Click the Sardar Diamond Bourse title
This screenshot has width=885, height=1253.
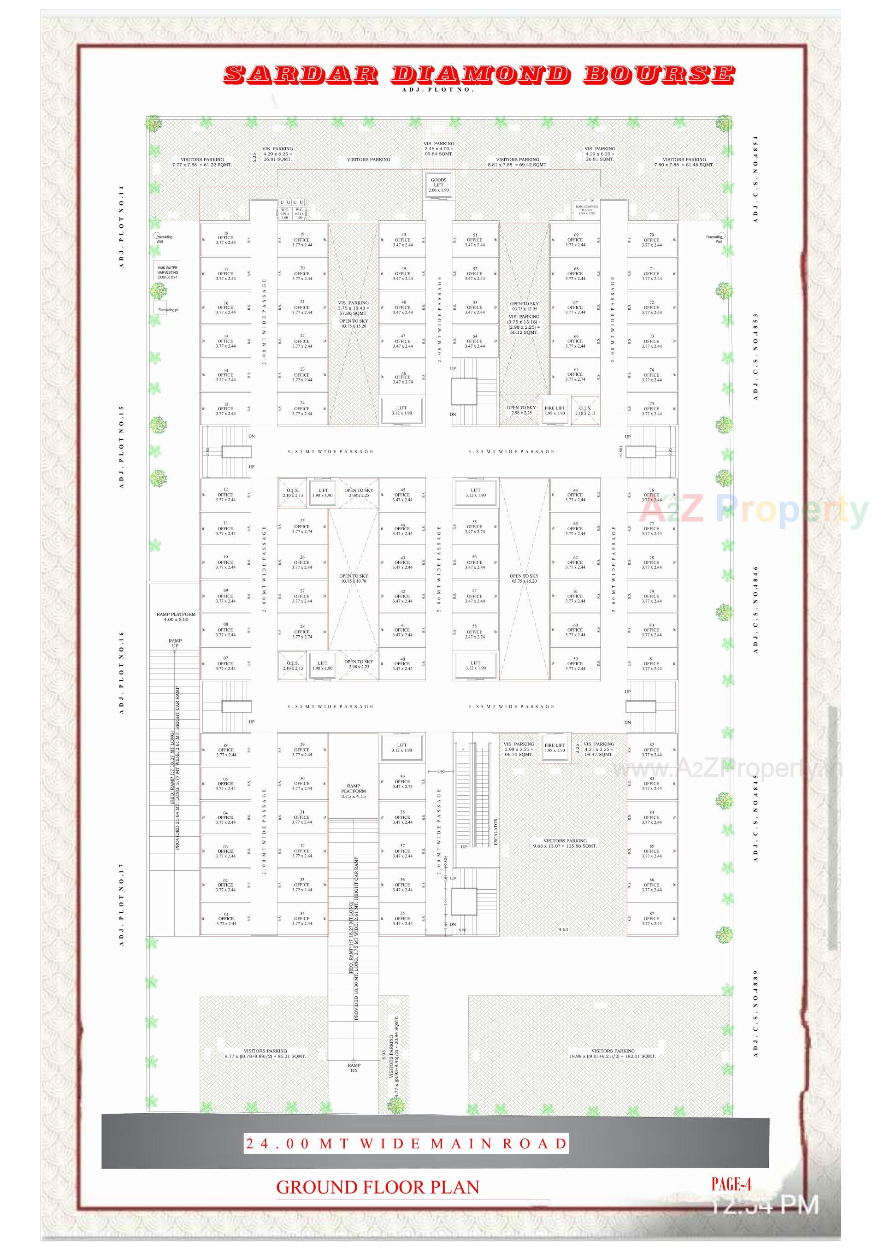click(478, 74)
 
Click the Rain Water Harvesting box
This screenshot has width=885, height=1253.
click(167, 272)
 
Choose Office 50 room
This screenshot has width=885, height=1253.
click(403, 240)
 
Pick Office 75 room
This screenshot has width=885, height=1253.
click(651, 409)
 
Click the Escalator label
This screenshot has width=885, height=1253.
click(496, 832)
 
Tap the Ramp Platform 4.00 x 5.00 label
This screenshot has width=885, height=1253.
click(175, 617)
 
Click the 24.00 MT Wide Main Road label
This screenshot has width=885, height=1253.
click(406, 1144)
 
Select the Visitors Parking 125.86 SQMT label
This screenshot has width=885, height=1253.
click(565, 844)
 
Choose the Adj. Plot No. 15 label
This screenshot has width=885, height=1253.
click(122, 448)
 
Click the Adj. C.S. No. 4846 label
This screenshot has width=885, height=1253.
click(755, 609)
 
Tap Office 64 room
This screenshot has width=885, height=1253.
click(575, 495)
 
